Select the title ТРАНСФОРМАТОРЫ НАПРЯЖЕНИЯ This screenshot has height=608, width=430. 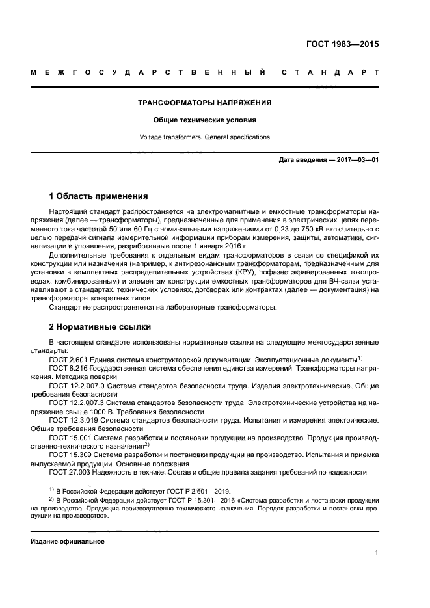tap(205, 103)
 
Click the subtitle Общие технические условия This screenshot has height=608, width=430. tap(205, 120)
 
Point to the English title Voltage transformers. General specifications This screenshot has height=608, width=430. tap(205, 137)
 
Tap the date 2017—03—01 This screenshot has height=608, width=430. tap(355, 159)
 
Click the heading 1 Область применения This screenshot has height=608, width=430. tap(99, 196)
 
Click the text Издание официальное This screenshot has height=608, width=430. tap(68, 541)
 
